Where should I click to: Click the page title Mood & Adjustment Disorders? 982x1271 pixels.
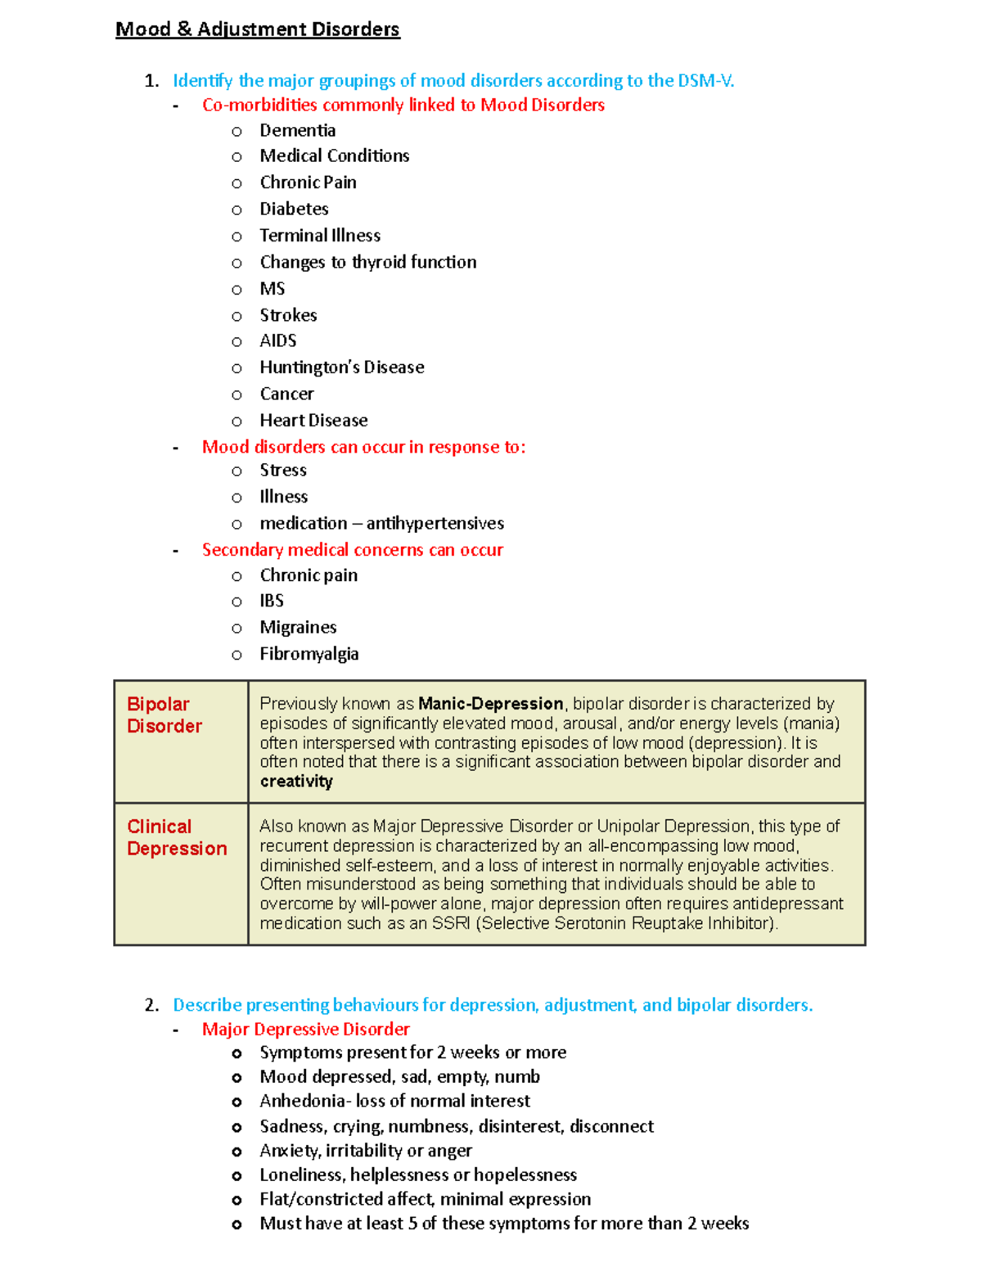click(257, 29)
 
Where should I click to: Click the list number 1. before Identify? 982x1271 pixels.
click(151, 80)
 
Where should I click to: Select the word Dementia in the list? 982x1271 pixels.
click(297, 130)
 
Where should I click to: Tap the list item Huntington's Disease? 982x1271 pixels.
click(341, 367)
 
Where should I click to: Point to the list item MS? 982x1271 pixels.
click(272, 289)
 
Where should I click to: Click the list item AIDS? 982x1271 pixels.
click(277, 340)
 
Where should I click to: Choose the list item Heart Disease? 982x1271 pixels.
click(313, 421)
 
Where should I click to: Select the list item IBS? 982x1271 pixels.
click(271, 601)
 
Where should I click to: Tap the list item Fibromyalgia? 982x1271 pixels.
click(309, 654)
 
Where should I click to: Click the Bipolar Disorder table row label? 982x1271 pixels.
click(164, 715)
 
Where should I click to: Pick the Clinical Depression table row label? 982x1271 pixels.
click(177, 837)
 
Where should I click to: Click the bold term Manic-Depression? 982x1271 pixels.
click(490, 704)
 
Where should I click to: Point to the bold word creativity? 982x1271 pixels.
click(296, 782)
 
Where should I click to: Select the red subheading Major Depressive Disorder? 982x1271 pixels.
click(305, 1029)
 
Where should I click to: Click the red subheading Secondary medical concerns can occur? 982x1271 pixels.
click(352, 550)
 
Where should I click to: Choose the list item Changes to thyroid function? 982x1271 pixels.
click(367, 262)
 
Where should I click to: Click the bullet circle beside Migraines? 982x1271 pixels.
click(236, 629)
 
